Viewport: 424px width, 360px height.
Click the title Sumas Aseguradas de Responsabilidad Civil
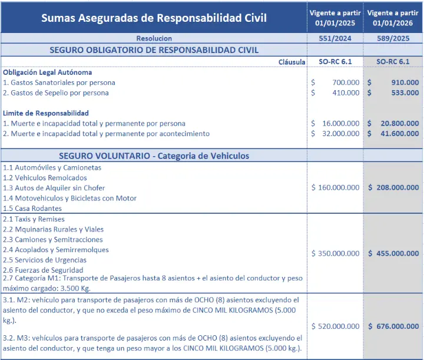pyautogui.click(x=154, y=18)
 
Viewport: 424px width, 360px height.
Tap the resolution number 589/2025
pyautogui.click(x=393, y=38)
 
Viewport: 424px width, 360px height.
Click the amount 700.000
pyautogui.click(x=346, y=82)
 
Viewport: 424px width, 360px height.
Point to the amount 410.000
pyautogui.click(x=346, y=93)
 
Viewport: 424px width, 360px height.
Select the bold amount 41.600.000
pyautogui.click(x=399, y=134)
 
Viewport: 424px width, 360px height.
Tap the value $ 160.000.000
pyautogui.click(x=335, y=187)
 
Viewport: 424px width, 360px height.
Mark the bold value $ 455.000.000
pyautogui.click(x=393, y=253)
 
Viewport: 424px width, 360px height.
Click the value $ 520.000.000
pyautogui.click(x=335, y=326)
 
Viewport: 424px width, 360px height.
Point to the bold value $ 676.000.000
pyautogui.click(x=393, y=326)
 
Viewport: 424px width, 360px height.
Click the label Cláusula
pyautogui.click(x=291, y=61)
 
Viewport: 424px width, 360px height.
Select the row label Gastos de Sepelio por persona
pyautogui.click(x=56, y=93)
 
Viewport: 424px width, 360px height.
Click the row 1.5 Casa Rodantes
pyautogui.click(x=32, y=208)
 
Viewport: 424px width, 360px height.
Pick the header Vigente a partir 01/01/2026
pyautogui.click(x=393, y=18)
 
